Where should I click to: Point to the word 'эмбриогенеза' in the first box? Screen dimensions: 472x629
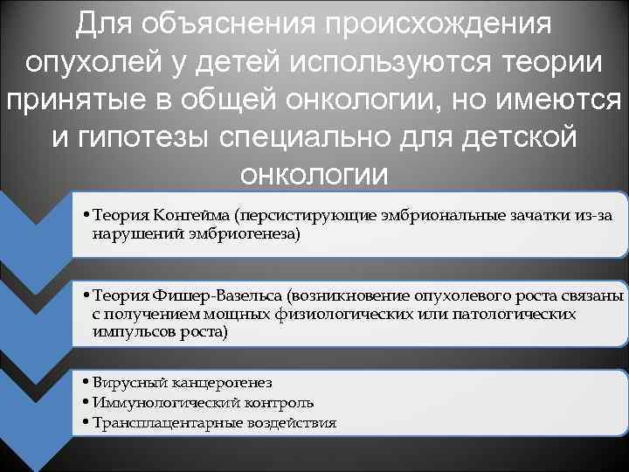253,234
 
